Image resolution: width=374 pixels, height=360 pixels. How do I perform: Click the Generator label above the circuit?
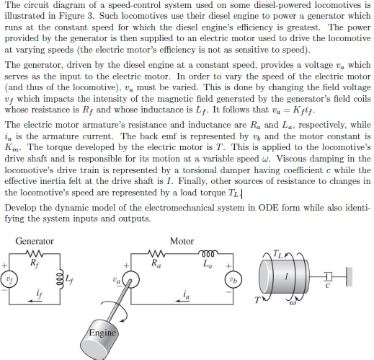coord(35,241)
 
